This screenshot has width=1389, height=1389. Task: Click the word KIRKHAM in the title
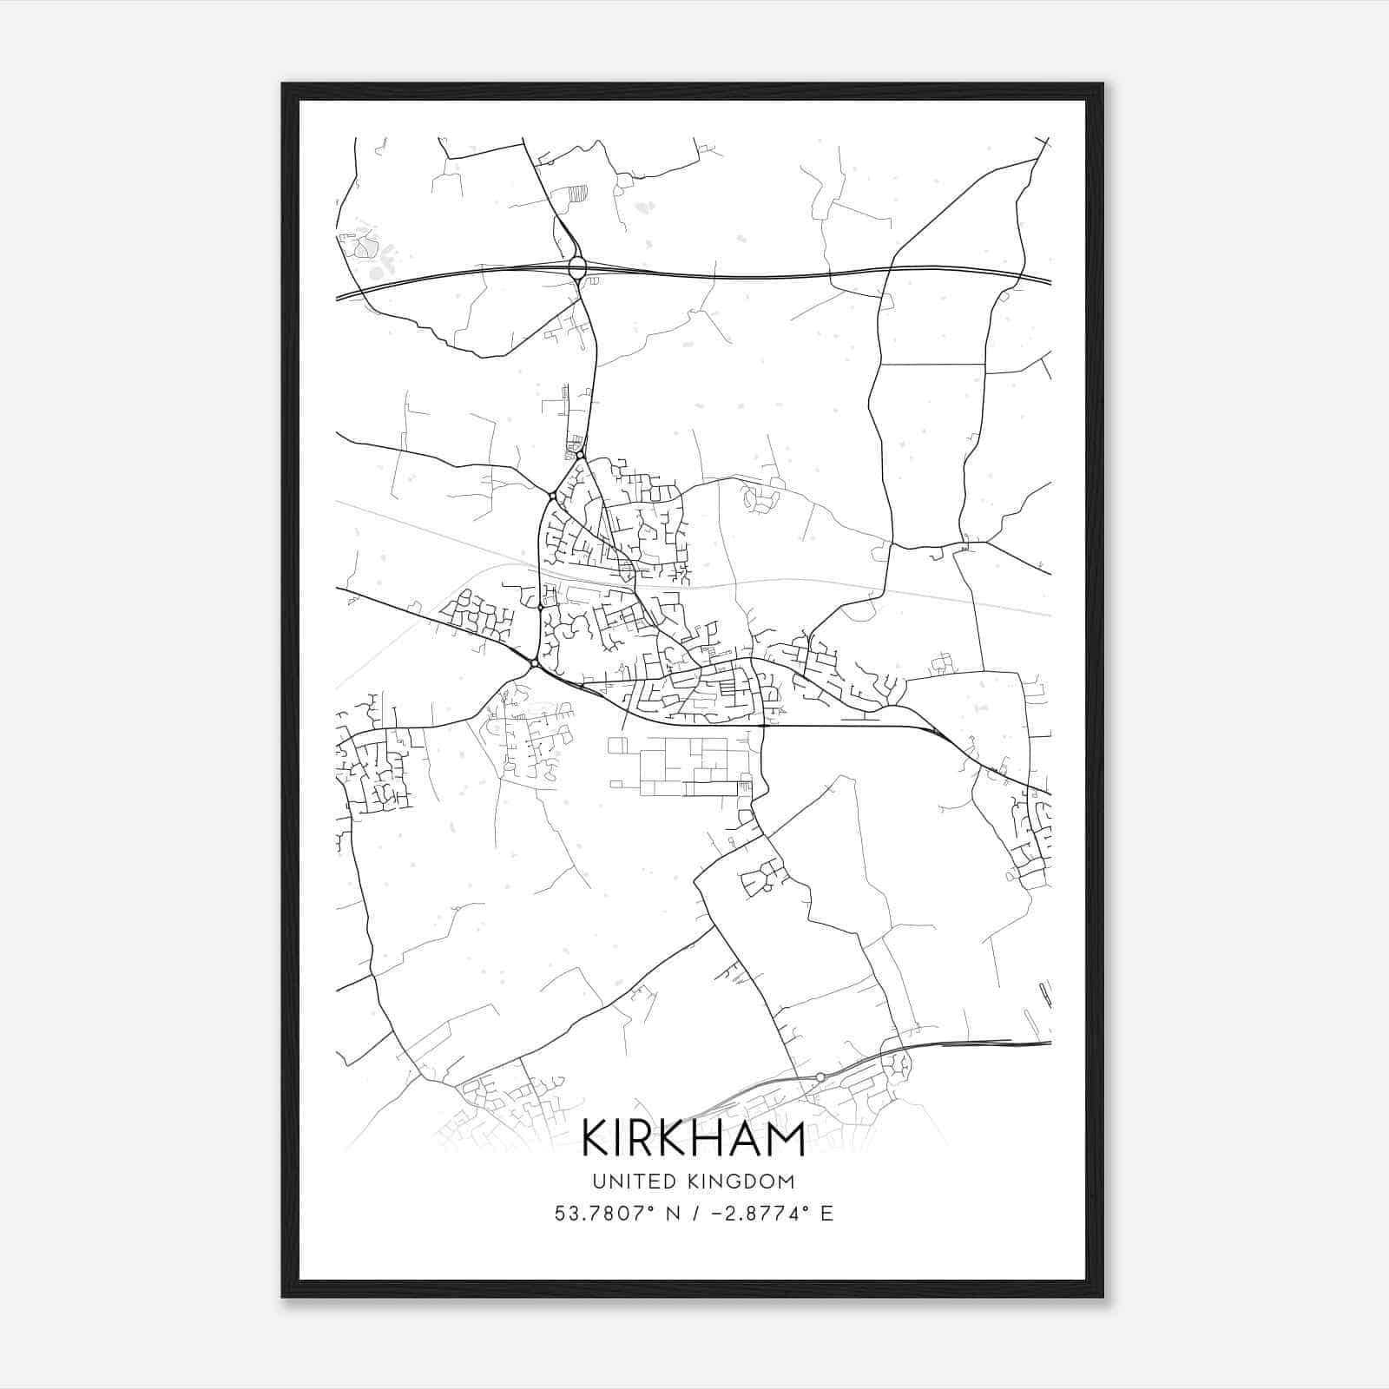693,1138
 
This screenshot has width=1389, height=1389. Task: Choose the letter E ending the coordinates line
826,1214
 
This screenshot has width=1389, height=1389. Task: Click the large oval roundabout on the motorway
577,267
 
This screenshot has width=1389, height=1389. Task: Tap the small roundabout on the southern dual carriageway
820,1076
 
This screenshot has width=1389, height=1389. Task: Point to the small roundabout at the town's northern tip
580,455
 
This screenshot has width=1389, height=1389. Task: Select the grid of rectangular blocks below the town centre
681,766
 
